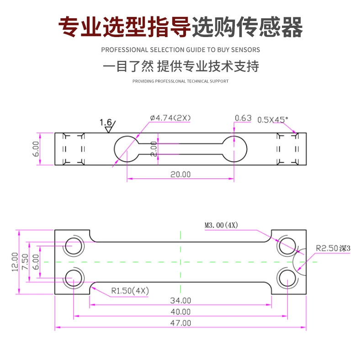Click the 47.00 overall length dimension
click(180, 323)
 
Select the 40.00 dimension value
click(180, 312)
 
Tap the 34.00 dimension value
click(180, 301)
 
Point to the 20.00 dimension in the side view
click(180, 174)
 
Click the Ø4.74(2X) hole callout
click(170, 118)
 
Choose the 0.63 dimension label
click(243, 118)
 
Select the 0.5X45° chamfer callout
click(273, 119)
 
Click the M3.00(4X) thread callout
click(221, 225)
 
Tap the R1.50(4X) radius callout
click(130, 290)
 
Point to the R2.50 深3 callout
click(333, 248)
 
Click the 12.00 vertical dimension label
click(15, 262)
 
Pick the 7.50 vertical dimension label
click(25, 262)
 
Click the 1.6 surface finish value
click(106, 123)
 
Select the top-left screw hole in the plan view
click(74, 246)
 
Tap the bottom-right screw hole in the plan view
click(287, 278)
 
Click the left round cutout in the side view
click(127, 149)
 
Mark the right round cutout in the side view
click(234, 149)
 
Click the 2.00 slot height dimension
click(154, 149)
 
